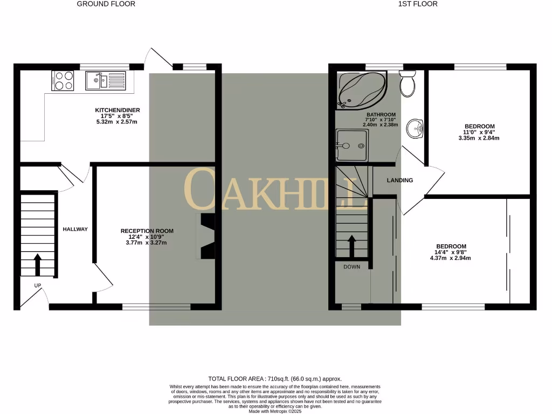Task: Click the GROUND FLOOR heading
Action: (106, 4)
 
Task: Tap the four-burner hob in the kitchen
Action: (63, 81)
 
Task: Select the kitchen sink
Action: (105, 81)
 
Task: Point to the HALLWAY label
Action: (75, 230)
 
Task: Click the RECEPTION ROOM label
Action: (147, 231)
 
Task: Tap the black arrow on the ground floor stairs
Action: (38, 264)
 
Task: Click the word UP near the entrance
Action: (38, 286)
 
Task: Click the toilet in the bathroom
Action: (407, 84)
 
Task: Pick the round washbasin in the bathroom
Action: (415, 128)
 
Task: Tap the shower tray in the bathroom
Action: (351, 145)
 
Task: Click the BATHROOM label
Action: (381, 115)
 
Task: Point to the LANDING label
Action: (400, 181)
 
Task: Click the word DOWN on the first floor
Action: (352, 267)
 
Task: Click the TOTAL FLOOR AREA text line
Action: (275, 379)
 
